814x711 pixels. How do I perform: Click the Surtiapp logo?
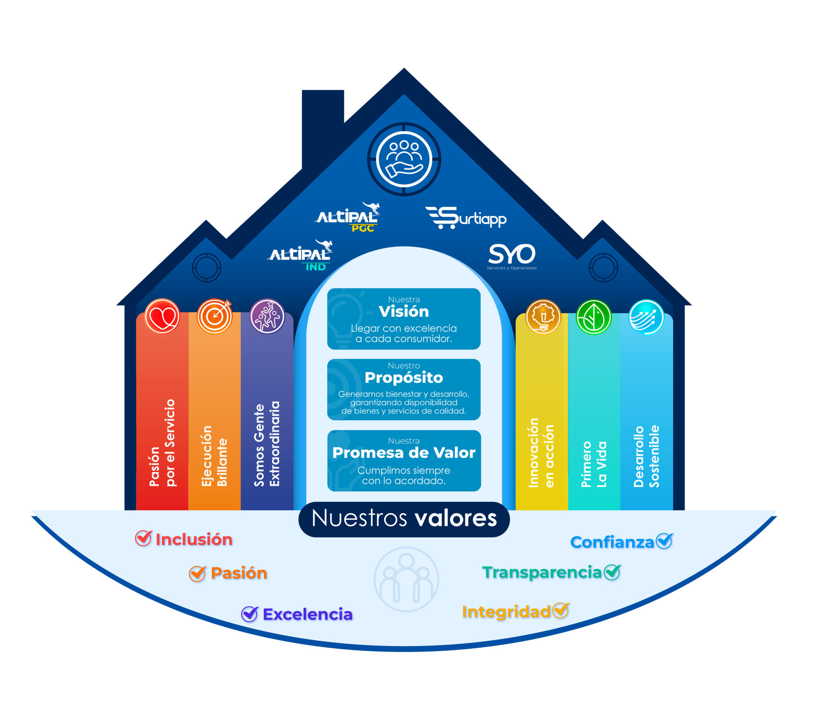click(x=466, y=217)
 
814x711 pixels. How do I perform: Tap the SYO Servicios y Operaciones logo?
click(x=512, y=256)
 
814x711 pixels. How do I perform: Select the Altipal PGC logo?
click(x=348, y=217)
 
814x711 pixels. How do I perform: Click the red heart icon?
click(x=162, y=316)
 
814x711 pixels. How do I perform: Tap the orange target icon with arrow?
click(x=215, y=316)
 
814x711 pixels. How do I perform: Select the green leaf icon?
click(x=593, y=317)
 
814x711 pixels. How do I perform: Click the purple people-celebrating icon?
click(x=267, y=316)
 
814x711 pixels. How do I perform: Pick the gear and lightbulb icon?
click(x=543, y=316)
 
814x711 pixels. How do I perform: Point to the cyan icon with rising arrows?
click(x=646, y=317)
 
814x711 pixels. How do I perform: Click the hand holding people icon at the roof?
click(x=404, y=159)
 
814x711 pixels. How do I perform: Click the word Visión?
click(x=404, y=312)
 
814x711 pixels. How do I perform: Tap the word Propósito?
click(x=404, y=378)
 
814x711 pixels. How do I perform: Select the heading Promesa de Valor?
click(x=404, y=453)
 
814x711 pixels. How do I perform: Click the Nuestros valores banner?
click(x=404, y=519)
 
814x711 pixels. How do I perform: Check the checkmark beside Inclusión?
click(x=143, y=538)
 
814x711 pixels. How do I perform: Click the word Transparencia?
click(x=542, y=572)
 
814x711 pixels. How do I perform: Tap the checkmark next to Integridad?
click(x=560, y=610)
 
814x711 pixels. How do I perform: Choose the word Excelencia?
click(x=308, y=614)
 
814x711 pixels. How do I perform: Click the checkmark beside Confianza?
click(x=664, y=541)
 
